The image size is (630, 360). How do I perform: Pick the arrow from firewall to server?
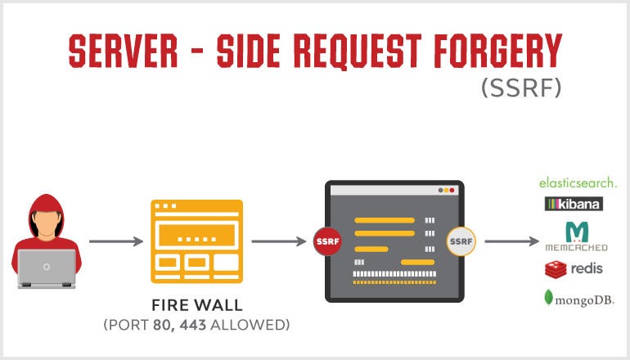coord(279,241)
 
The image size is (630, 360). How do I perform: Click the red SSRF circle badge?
coord(325,241)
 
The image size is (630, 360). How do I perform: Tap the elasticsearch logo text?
coord(577,182)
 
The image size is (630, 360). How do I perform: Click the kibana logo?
coord(574,204)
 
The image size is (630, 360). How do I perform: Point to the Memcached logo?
coord(577,236)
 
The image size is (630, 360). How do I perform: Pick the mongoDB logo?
coord(577,299)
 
